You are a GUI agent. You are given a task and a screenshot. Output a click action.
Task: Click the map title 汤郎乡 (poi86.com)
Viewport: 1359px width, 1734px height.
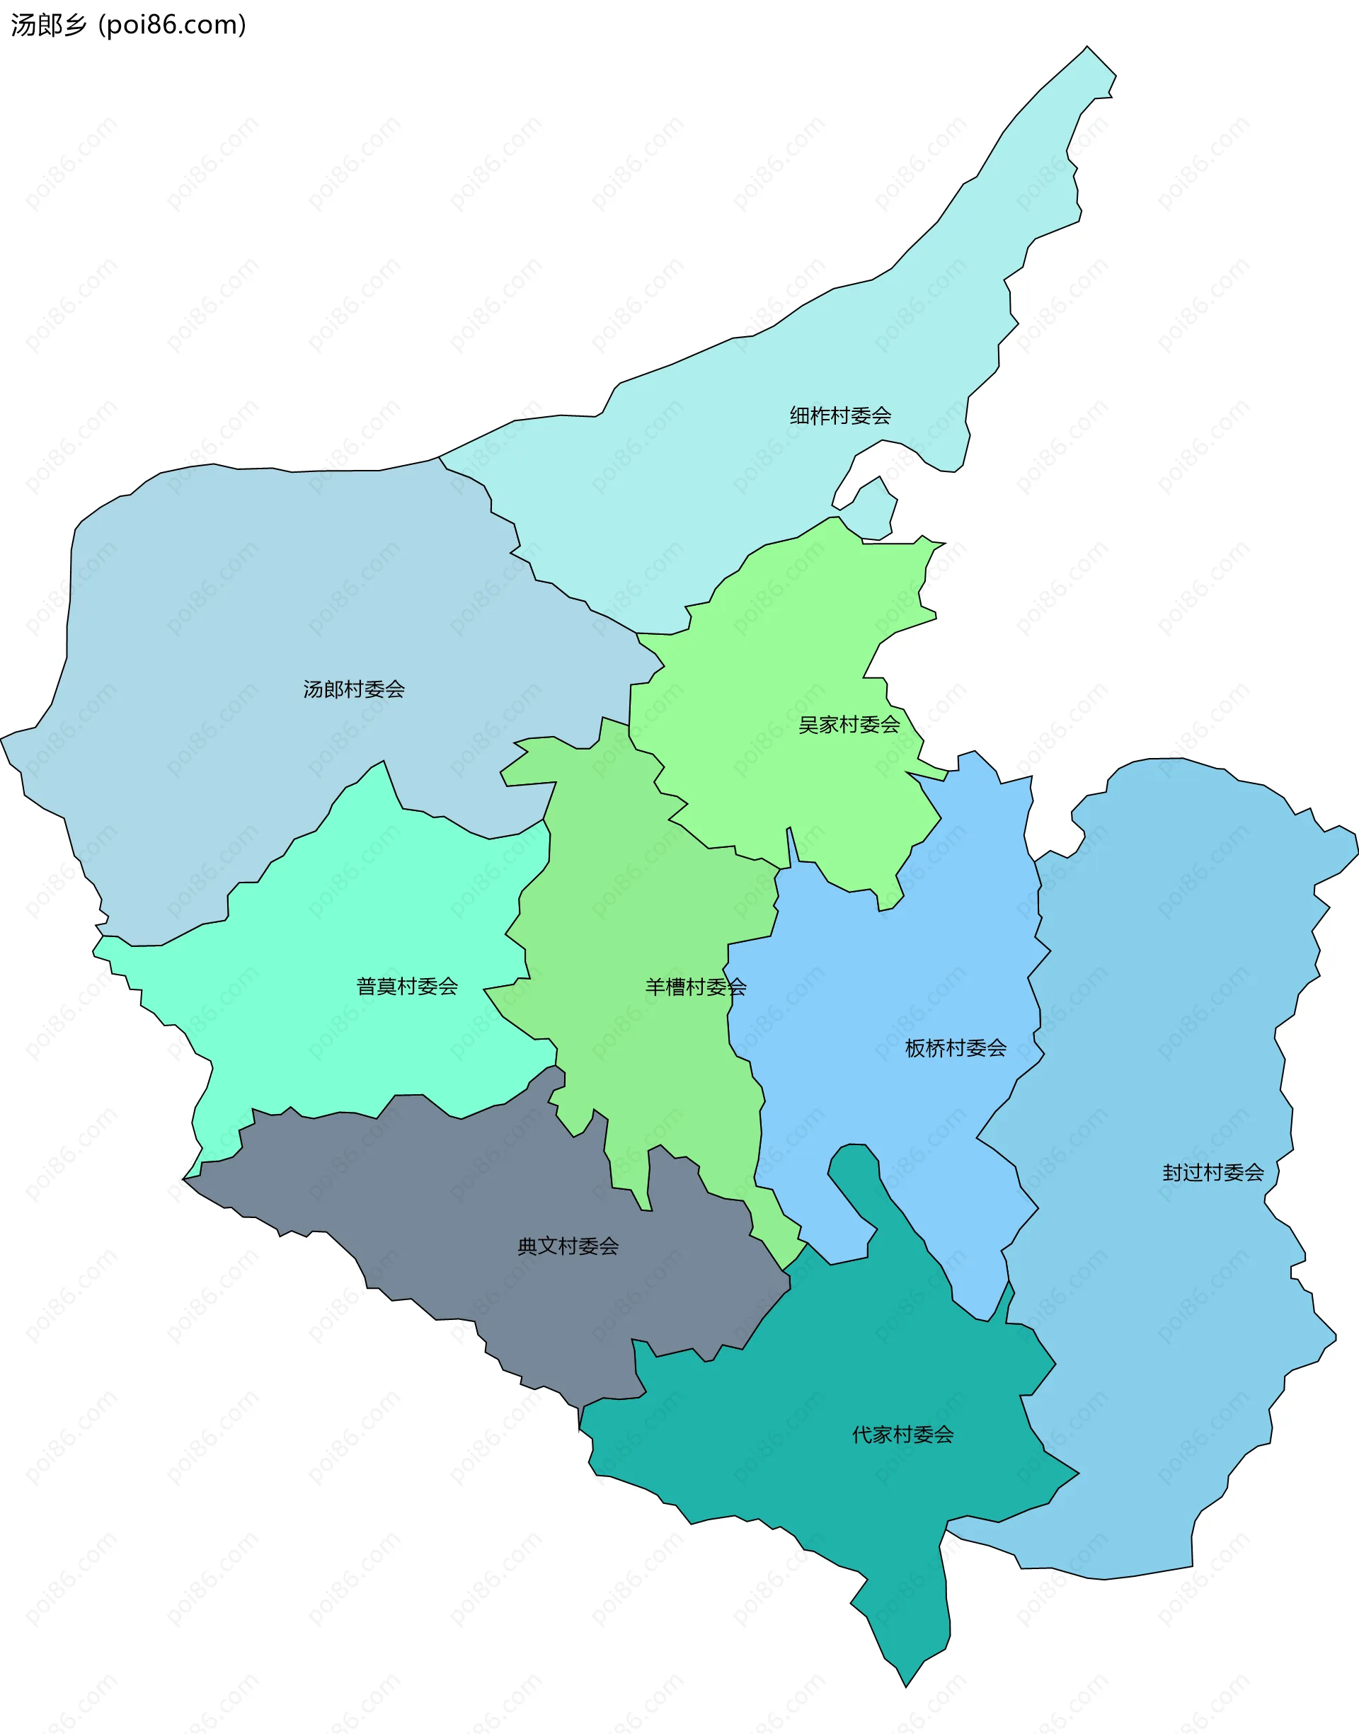point(128,25)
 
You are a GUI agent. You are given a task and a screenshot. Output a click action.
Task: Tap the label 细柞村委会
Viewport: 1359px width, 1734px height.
point(839,415)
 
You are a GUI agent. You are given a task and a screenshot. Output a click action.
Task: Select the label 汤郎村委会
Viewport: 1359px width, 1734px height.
point(353,689)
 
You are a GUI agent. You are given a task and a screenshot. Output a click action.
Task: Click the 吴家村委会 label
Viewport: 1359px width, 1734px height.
point(848,725)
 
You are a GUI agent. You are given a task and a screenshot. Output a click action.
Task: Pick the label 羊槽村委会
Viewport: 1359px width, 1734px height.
point(695,987)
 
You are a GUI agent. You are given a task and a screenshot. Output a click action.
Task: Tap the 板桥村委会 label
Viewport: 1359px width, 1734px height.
point(955,1048)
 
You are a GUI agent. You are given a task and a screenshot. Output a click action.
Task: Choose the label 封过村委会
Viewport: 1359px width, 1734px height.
point(1212,1173)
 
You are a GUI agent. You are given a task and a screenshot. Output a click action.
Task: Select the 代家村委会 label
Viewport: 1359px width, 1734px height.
point(902,1435)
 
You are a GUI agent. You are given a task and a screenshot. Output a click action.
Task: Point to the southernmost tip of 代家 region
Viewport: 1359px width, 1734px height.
point(905,1684)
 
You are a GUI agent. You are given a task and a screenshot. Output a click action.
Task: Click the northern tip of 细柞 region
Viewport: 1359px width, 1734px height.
point(1088,50)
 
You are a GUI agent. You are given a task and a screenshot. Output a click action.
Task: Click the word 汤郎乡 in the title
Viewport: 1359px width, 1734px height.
point(47,25)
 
